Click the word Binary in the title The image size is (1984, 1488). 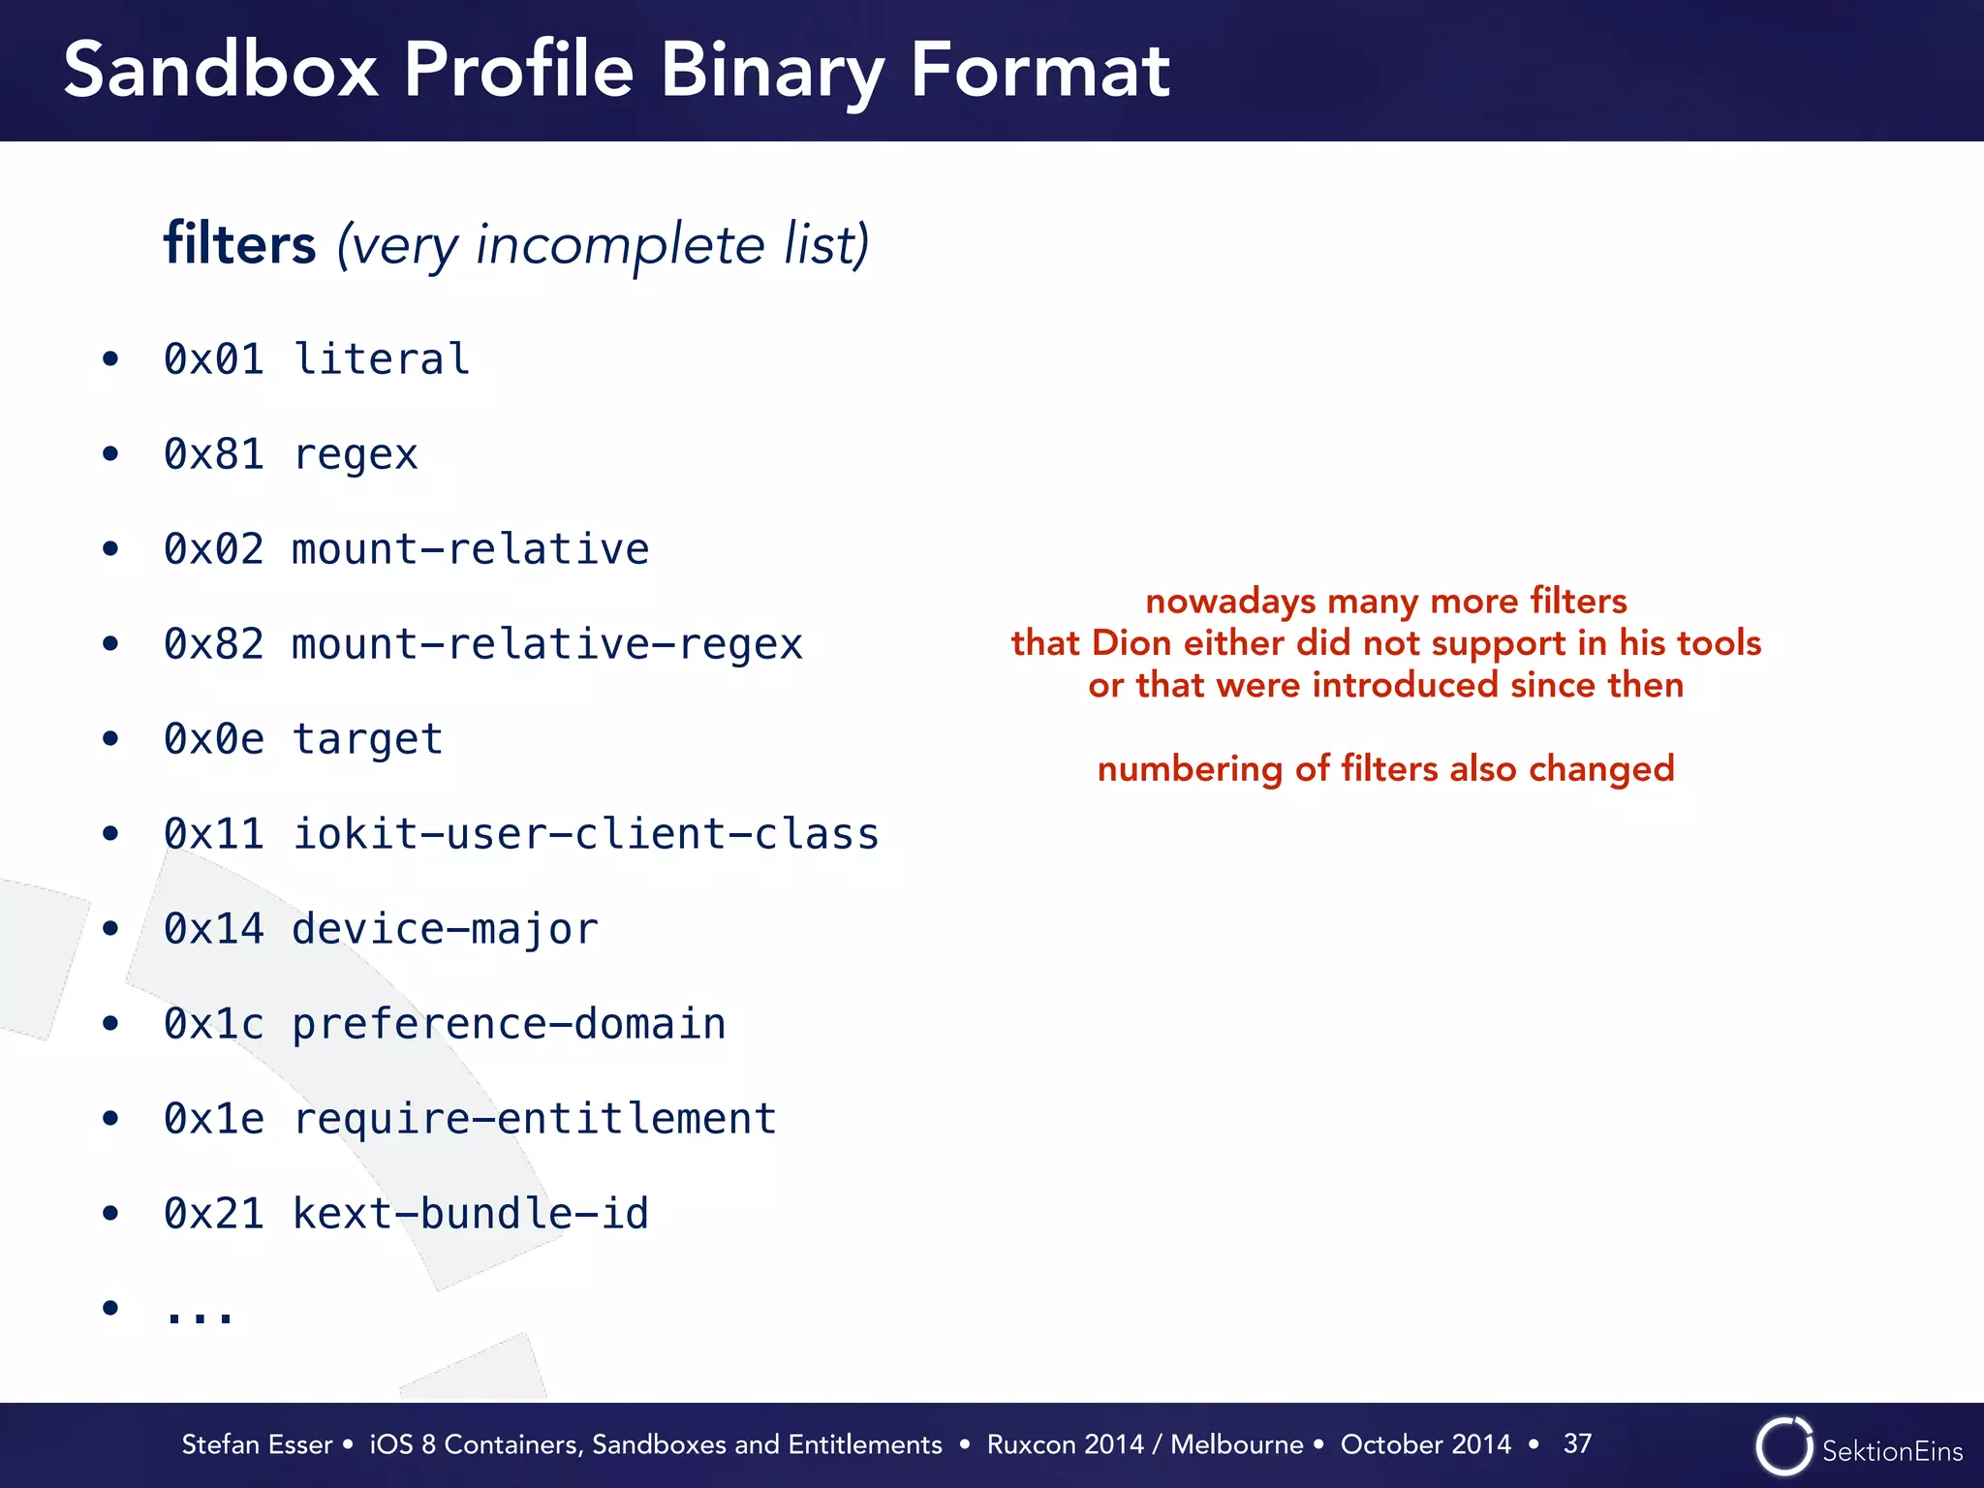771,72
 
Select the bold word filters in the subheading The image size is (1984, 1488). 239,244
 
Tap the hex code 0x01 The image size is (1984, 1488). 213,359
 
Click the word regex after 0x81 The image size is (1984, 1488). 355,454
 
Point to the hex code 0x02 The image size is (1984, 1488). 213,549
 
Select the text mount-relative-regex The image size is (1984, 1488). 547,644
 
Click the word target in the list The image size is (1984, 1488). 367,739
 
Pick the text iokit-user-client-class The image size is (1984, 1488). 585,834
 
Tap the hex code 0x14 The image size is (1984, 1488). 213,929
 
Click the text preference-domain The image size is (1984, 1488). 509,1024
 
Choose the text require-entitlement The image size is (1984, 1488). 534,1119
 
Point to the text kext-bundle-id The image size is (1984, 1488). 470,1214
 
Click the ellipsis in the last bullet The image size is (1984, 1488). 200,1313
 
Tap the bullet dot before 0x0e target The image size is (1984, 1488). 110,739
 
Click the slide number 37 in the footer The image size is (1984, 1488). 1577,1443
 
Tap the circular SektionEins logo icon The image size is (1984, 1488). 1783,1446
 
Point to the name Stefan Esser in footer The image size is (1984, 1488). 257,1444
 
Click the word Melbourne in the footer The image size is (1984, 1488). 1236,1444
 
